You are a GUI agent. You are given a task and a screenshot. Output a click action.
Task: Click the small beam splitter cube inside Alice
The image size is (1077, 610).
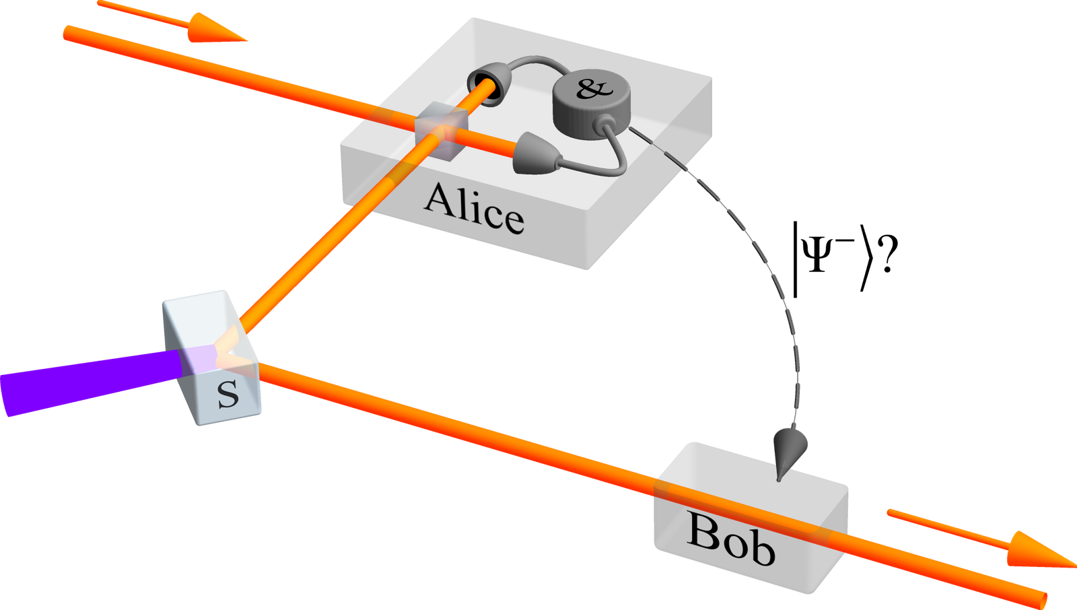[440, 131]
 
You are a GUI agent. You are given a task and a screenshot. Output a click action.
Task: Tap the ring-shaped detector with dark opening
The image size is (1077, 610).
[487, 86]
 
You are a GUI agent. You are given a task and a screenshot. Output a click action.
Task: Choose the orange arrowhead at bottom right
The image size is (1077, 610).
[1040, 551]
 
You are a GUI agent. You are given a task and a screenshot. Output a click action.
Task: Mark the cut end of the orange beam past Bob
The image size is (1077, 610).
[1043, 598]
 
